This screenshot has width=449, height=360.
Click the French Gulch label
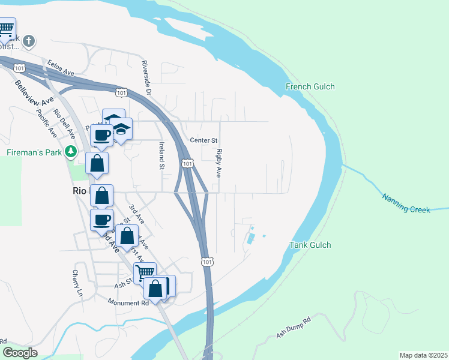pyautogui.click(x=310, y=87)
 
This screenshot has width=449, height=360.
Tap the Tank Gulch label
pyautogui.click(x=310, y=245)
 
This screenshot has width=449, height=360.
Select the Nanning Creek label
pyautogui.click(x=406, y=202)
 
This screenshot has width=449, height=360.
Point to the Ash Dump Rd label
pyautogui.click(x=294, y=328)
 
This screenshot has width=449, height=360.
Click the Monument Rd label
pyautogui.click(x=128, y=303)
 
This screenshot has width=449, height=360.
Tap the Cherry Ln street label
pyautogui.click(x=76, y=283)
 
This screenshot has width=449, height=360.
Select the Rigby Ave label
pyautogui.click(x=219, y=163)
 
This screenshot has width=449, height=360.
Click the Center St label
pyautogui.click(x=203, y=140)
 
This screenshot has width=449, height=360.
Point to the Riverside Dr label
pyautogui.click(x=145, y=78)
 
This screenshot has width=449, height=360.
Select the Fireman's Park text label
pyautogui.click(x=35, y=152)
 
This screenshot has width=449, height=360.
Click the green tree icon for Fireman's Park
pyautogui.click(x=71, y=152)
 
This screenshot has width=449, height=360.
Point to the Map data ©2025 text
pyautogui.click(x=423, y=355)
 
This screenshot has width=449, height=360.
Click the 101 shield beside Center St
pyautogui.click(x=187, y=163)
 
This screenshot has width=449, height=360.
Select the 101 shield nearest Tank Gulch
pyautogui.click(x=207, y=262)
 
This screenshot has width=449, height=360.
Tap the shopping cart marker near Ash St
pyautogui.click(x=145, y=274)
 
